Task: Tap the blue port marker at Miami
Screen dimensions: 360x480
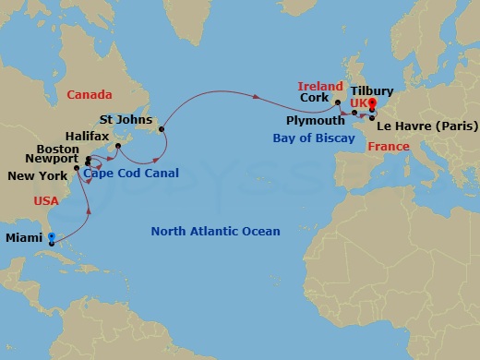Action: [52, 237]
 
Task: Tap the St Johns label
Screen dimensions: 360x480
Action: [124, 119]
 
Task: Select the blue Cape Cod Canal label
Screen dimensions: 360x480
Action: [129, 173]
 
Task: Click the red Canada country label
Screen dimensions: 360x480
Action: [90, 94]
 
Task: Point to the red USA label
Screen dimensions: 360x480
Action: [46, 200]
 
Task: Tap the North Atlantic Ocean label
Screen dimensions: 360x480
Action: [215, 232]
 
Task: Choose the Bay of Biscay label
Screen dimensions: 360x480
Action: [314, 138]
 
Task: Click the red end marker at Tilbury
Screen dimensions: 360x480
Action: [372, 104]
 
